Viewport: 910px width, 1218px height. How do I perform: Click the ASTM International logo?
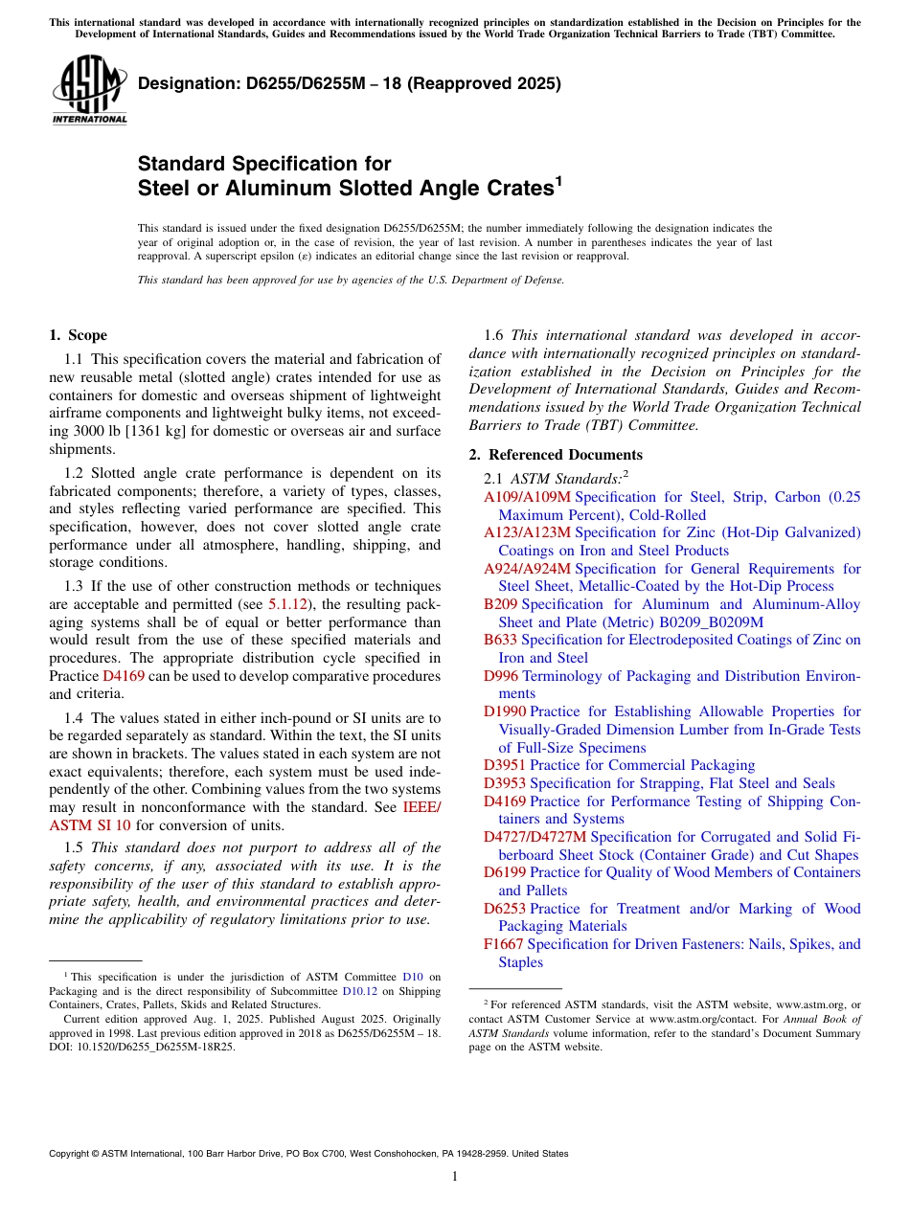pos(89,90)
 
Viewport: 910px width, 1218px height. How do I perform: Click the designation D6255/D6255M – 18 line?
pos(349,83)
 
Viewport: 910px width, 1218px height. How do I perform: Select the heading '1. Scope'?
pos(78,335)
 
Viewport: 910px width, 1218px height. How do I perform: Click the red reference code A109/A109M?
pos(527,497)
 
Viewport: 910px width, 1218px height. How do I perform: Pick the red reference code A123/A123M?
pos(527,532)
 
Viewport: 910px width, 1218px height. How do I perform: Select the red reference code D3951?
pos(505,765)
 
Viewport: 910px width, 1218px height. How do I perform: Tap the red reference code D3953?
pos(505,783)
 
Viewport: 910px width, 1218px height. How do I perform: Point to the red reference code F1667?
pos(504,944)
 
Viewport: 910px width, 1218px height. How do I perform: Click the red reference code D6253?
pos(505,909)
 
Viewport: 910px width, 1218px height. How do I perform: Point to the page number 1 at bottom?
pos(455,1177)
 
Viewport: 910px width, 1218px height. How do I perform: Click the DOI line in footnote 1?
pos(142,1047)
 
